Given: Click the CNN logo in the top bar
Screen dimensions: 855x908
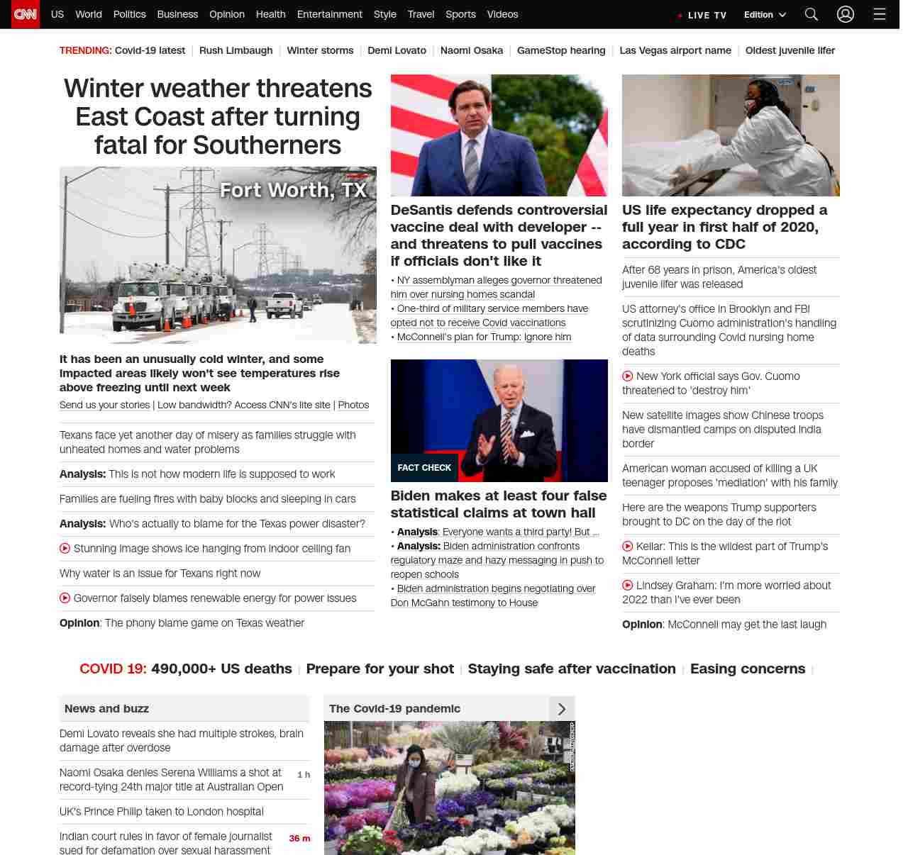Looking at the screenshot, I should pos(26,14).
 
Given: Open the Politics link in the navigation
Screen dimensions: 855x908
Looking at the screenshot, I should pos(129,14).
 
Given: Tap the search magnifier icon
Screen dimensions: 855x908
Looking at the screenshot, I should pos(812,14).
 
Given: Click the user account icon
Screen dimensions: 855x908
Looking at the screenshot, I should pos(845,14).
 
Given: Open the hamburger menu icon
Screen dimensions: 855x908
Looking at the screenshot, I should pos(880,14).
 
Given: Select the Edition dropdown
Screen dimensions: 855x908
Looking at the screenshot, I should pos(765,15).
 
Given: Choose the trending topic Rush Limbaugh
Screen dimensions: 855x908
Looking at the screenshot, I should pos(236,50).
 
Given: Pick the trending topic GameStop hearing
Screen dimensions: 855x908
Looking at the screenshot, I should pos(561,50).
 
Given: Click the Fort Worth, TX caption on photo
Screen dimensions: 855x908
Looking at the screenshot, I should pos(293,190).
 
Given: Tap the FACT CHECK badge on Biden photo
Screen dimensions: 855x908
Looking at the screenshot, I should pos(424,468).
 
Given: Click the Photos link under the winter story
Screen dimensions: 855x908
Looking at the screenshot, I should pos(353,405).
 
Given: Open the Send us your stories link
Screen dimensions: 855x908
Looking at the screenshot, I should pos(104,405).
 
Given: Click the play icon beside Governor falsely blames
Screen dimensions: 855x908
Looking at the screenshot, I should pos(65,598).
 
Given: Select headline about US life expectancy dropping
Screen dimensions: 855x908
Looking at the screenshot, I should pos(724,227).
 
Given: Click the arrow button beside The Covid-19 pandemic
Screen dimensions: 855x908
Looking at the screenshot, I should pos(562,709).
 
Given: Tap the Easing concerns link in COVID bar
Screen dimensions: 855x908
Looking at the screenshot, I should pos(747,669).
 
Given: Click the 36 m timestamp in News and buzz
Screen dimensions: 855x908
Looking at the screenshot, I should pos(299,838).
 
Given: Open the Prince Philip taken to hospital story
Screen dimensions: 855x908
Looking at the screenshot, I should pos(162,811).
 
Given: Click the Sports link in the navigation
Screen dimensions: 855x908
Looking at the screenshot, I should pos(460,14).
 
